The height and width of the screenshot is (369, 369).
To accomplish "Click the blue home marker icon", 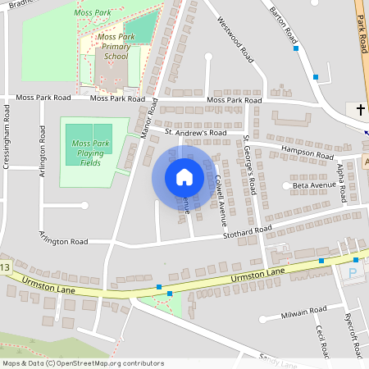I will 184,176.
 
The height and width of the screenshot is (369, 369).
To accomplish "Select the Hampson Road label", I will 307,153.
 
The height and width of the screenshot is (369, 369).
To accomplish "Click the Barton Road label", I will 285,25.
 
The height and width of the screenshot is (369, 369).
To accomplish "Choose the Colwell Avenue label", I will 220,199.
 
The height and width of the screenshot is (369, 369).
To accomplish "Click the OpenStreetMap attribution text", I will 82,362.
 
